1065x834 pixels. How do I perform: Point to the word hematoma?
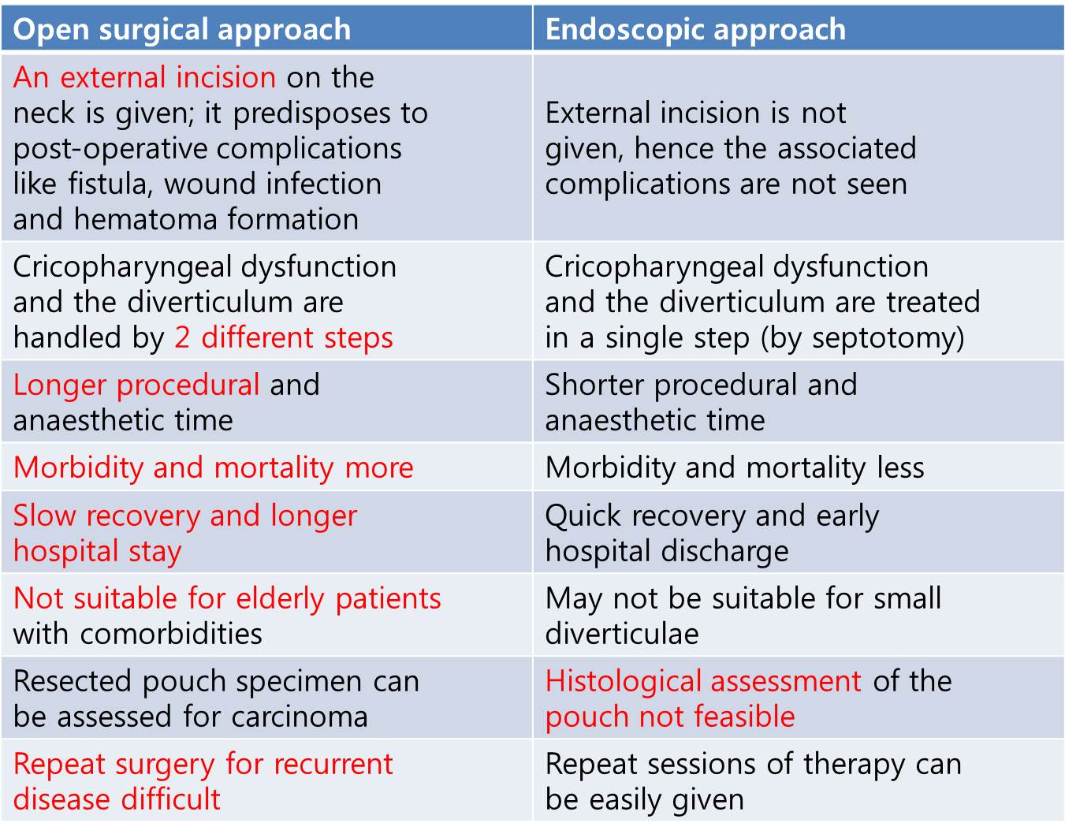pos(146,219)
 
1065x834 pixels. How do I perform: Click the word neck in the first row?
pos(43,114)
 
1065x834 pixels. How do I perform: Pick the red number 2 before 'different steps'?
pos(182,337)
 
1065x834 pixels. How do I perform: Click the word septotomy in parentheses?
pos(881,339)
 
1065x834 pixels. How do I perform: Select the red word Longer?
pos(59,385)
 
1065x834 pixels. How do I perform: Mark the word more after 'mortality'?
pos(379,467)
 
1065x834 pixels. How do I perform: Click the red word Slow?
pos(45,516)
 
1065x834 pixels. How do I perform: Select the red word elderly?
pos(281,599)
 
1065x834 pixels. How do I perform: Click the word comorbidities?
pos(172,634)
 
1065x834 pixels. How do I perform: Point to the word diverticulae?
pos(622,634)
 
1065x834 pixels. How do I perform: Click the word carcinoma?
pos(300,717)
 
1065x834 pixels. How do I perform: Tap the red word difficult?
pos(170,799)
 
